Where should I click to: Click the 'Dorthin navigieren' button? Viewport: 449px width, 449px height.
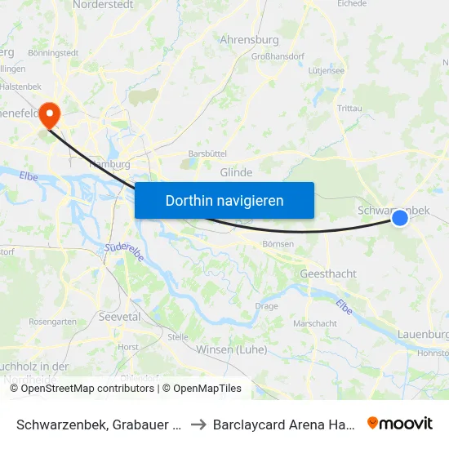(x=224, y=200)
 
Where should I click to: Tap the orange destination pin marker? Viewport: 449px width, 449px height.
(x=50, y=113)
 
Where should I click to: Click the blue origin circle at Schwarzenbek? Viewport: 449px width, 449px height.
(x=399, y=218)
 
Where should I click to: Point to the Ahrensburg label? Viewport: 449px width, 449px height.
(x=249, y=39)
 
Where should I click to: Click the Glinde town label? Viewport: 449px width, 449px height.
(x=236, y=172)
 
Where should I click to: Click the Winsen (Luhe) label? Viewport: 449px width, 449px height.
(x=232, y=349)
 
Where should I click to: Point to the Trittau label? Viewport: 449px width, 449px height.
(x=349, y=108)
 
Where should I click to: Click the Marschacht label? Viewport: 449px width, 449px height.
(x=314, y=323)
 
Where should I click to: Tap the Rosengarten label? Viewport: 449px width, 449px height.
(x=52, y=322)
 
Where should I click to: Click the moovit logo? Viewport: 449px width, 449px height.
(x=400, y=424)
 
